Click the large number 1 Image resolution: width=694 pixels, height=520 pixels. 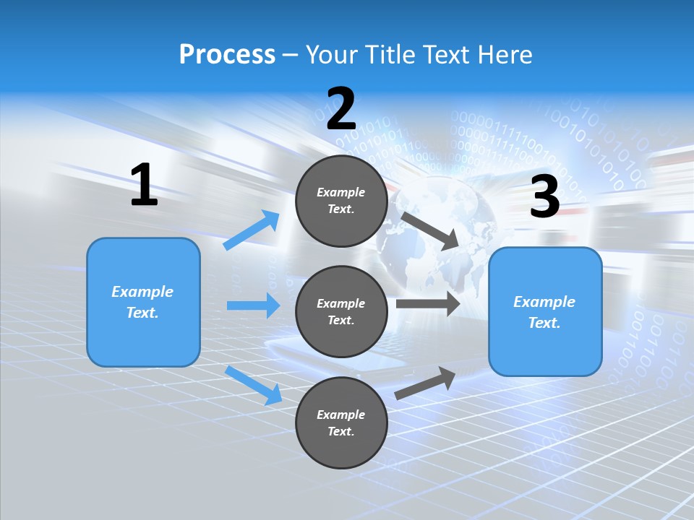pos(144,185)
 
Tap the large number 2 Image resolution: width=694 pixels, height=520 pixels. pos(341,109)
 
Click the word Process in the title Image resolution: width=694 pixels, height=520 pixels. pos(227,54)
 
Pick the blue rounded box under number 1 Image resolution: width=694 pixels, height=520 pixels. pos(143,302)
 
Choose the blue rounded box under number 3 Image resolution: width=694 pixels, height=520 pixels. pos(545,311)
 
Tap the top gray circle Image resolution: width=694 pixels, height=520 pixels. pos(341,201)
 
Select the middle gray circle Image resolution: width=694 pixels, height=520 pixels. pos(341,311)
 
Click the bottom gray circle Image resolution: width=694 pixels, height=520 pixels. pos(341,422)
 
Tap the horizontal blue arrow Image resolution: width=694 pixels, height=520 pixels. pos(253,305)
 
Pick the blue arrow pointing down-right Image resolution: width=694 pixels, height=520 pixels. pos(254,385)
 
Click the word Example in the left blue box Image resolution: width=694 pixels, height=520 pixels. pos(142,292)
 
